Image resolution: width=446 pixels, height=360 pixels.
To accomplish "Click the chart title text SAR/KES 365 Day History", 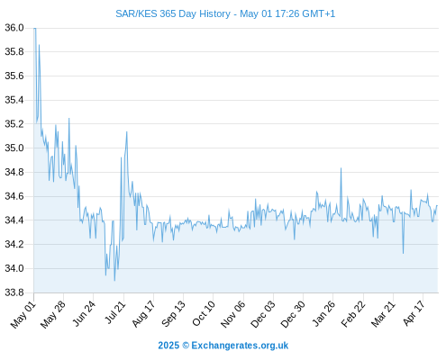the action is point(173,13).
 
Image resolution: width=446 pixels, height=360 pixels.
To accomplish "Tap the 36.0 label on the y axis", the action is point(14,28).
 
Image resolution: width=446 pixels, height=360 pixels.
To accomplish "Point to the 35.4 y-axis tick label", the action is point(14,100).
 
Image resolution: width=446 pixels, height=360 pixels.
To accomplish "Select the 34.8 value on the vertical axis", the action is point(14,172).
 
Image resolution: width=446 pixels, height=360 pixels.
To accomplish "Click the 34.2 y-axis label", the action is point(14,244).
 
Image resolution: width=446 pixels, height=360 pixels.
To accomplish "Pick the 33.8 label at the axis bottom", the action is point(14,292).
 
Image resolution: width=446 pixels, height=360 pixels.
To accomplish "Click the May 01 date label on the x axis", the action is point(23,314).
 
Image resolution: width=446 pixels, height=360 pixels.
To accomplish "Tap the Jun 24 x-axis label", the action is point(84,314).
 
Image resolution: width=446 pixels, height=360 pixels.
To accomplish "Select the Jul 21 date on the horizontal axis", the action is point(114,313).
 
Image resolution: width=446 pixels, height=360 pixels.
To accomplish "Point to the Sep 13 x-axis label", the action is point(173,314).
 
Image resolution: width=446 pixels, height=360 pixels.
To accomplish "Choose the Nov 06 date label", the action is point(232,314).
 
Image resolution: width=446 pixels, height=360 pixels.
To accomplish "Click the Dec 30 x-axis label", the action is point(293,314).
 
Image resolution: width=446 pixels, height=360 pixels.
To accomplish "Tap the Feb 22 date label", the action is point(353,314).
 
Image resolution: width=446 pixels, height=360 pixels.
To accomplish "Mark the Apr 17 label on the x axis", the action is point(414,313).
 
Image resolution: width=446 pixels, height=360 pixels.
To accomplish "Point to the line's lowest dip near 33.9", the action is point(114,281).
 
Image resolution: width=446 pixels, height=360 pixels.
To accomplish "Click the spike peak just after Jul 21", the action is point(127,131).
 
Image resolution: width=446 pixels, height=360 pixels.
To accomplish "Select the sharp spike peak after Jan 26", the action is point(341,168).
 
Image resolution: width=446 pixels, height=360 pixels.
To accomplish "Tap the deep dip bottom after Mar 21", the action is point(403,254).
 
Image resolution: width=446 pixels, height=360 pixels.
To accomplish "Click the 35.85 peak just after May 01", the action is point(39,45).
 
